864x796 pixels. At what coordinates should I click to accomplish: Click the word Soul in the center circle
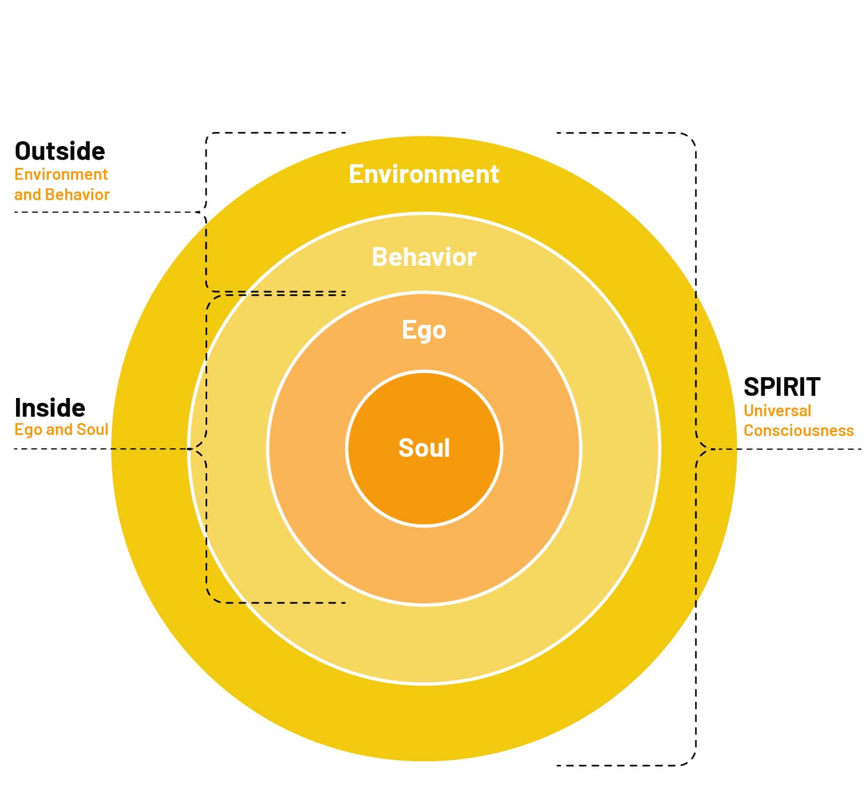[424, 448]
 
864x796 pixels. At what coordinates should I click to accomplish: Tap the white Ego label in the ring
[424, 330]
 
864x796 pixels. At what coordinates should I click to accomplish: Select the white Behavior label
[424, 257]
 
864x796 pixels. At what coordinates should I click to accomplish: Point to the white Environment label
[424, 174]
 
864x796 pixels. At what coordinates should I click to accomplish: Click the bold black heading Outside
[60, 151]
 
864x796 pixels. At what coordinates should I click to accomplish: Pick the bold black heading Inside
[50, 408]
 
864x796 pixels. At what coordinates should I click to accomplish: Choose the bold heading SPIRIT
[782, 387]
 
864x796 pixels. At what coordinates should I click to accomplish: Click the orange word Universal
[777, 411]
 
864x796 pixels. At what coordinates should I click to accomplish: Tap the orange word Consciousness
[798, 431]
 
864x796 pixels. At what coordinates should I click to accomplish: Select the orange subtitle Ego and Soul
[62, 430]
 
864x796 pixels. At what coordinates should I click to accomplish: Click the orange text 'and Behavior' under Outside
[62, 194]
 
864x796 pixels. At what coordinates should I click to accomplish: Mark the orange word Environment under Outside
[61, 174]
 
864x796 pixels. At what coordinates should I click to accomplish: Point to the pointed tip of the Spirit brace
[708, 448]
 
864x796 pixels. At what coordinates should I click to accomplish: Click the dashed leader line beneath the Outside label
[107, 212]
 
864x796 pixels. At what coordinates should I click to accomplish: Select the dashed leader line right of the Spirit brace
[787, 449]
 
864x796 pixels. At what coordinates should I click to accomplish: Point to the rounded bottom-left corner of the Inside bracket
[212, 598]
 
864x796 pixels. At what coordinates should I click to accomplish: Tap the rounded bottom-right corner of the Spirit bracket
[691, 760]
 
